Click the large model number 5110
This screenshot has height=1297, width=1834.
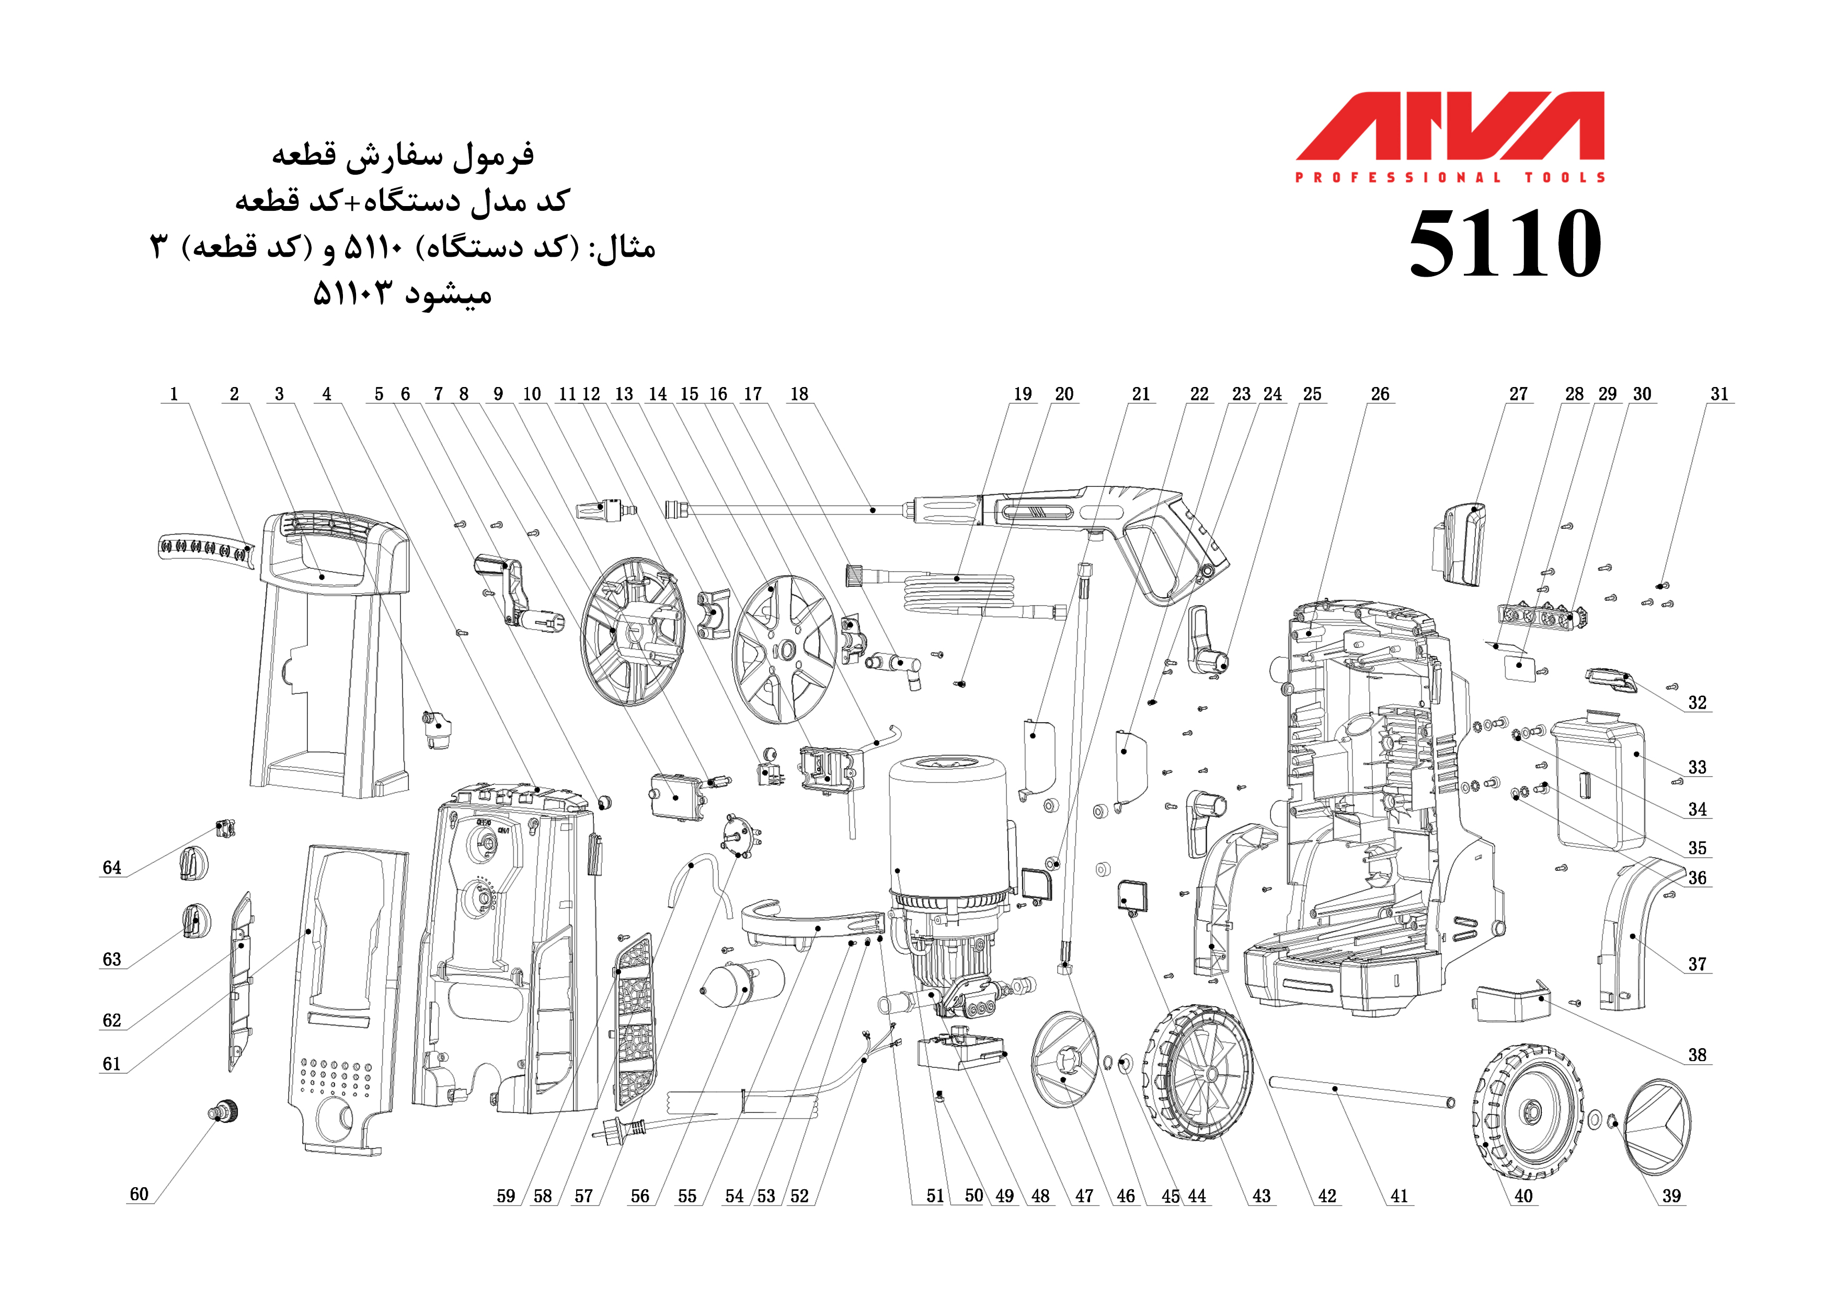pos(1505,244)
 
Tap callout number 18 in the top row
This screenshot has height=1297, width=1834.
pos(799,394)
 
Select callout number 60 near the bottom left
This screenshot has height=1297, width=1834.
pos(139,1194)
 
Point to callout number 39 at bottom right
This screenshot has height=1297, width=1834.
pos(1671,1196)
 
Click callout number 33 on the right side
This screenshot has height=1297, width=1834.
pos(1697,767)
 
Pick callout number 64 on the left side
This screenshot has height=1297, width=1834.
pos(112,868)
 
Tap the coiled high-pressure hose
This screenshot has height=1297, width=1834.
pos(958,591)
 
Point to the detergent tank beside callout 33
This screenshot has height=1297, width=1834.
pos(1598,783)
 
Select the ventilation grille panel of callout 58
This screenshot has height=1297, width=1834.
pos(636,1019)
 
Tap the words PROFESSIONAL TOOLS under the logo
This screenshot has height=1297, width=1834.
pos(1450,177)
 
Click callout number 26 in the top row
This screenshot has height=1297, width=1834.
pos(1380,394)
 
